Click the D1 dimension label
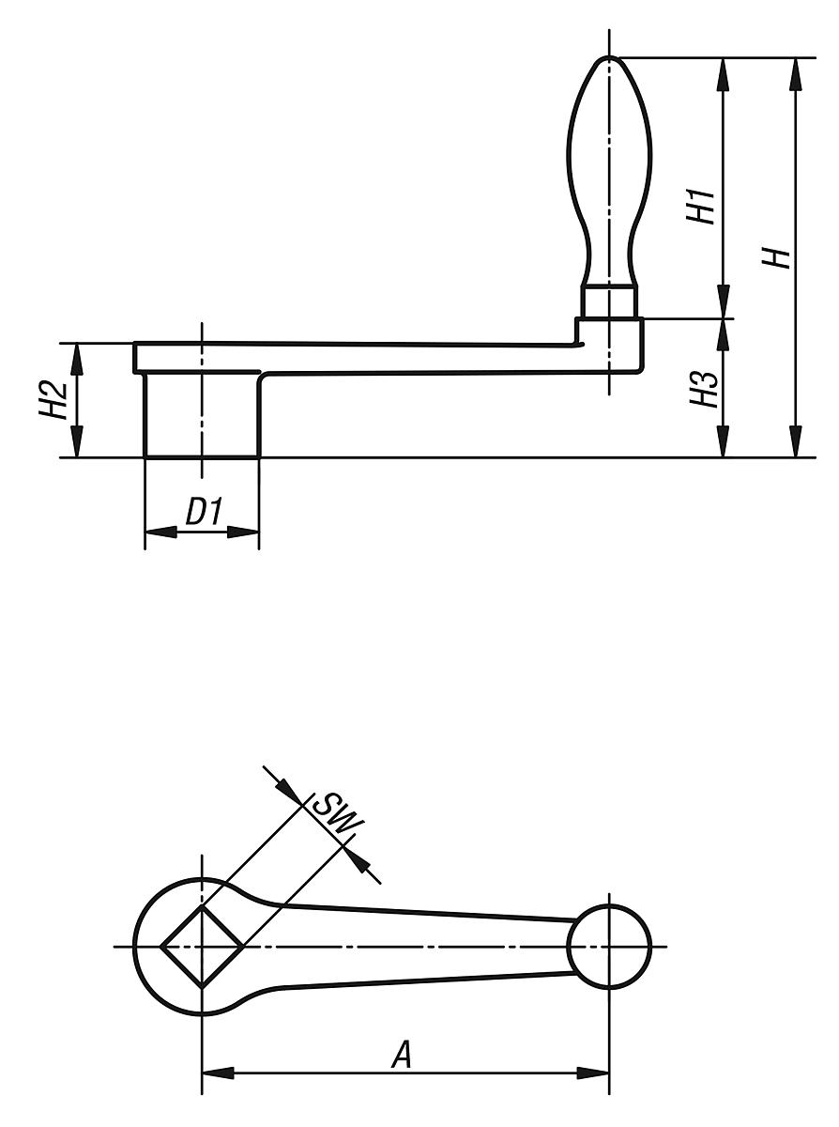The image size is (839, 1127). [202, 512]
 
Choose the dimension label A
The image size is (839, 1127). [402, 1056]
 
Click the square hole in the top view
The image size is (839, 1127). [202, 946]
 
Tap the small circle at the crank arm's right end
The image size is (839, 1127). [609, 946]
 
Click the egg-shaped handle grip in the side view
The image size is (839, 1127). [608, 169]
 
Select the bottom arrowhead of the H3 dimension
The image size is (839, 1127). [723, 442]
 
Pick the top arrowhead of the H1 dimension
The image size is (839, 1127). [723, 73]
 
